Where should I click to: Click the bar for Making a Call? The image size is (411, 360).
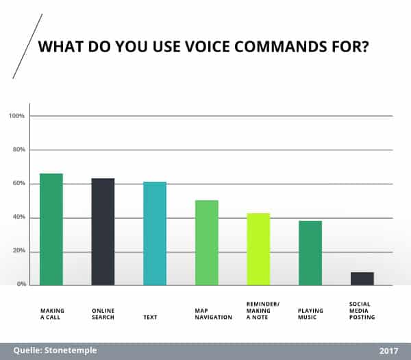pos(51,229)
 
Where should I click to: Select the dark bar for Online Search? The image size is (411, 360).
pos(103,232)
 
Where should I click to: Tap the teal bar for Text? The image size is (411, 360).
pos(155,233)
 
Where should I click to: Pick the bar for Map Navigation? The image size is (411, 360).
pos(206,243)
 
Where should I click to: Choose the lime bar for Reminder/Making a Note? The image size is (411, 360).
pos(258,249)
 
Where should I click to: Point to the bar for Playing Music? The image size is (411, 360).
pos(310,252)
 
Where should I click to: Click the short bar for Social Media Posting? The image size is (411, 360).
pos(362,278)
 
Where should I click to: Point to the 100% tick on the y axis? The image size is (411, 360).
pos(16,116)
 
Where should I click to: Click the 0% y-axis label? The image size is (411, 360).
pos(21,284)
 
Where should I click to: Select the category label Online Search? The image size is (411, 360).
pos(103,314)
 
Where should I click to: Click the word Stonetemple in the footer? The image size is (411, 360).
pos(70,350)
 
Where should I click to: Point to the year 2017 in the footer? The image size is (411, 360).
pos(388,350)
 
